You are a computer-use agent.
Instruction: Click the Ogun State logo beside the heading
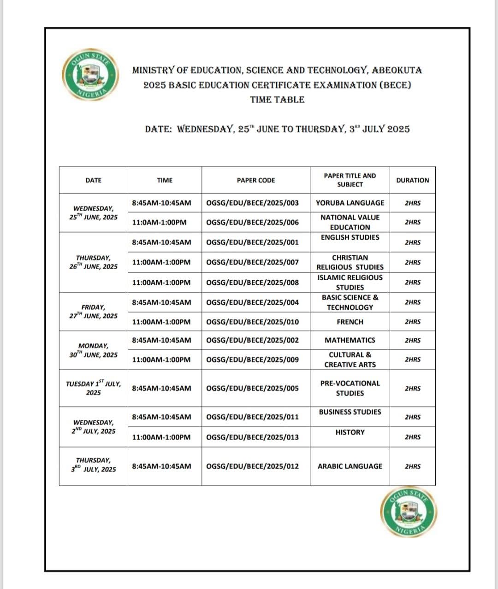click(x=90, y=74)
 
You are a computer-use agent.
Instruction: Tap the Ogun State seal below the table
click(x=409, y=512)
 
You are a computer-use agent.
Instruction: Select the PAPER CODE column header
click(x=255, y=180)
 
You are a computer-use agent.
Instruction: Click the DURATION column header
click(x=412, y=180)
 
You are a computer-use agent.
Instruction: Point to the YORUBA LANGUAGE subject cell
click(x=350, y=203)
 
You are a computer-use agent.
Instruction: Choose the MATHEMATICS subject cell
click(x=350, y=340)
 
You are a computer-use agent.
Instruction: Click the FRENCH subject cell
click(x=350, y=322)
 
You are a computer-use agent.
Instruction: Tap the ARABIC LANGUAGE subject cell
click(x=350, y=466)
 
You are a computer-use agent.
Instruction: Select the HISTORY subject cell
click(x=350, y=432)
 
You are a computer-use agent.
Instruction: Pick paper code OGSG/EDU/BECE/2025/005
click(x=252, y=388)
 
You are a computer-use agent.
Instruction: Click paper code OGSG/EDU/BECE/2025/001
click(x=252, y=242)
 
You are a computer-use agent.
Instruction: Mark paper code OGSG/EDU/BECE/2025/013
click(x=252, y=437)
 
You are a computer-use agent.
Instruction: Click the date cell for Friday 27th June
click(x=93, y=312)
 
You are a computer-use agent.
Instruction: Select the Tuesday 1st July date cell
click(x=93, y=388)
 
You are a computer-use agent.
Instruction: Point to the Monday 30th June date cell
click(x=93, y=350)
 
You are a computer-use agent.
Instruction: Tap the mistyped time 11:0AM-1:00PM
click(x=159, y=222)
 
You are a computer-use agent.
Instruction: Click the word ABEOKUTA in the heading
click(x=397, y=71)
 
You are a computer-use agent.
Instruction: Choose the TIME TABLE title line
click(x=277, y=100)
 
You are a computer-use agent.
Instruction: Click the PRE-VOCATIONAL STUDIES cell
click(x=350, y=388)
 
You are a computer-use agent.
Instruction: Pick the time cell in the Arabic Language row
click(x=161, y=466)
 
